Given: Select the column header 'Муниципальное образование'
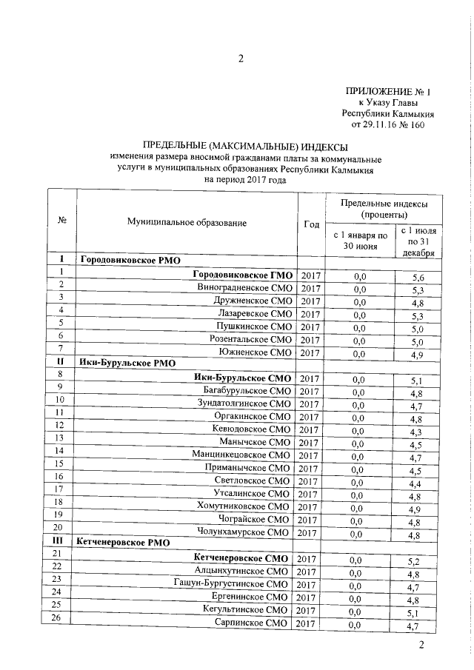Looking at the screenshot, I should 186,221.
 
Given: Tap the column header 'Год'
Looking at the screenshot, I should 311,225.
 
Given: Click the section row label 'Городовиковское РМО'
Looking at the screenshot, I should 130,261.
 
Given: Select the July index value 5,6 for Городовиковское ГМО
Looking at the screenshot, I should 417,276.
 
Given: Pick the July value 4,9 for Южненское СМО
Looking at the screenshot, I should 417,353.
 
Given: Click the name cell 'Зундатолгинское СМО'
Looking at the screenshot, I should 244,404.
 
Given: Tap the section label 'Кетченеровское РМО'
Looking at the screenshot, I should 123,543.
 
